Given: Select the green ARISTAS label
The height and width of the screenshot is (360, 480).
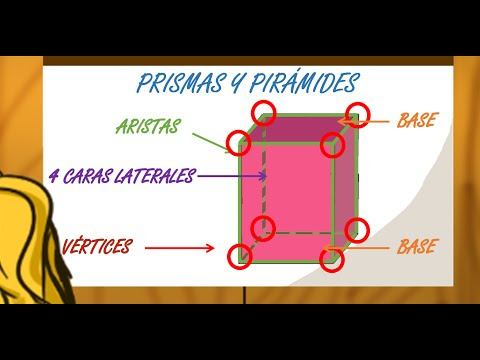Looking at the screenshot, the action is point(148,127).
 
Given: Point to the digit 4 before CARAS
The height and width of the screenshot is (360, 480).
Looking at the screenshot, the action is point(52,177).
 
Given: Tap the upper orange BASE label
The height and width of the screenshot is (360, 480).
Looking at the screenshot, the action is point(416,121).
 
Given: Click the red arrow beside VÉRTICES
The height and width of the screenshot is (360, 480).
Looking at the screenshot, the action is point(180,248).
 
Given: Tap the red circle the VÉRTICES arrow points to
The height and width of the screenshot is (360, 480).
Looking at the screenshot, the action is point(238,255).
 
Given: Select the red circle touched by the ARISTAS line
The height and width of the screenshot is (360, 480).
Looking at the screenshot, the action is point(238,143).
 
